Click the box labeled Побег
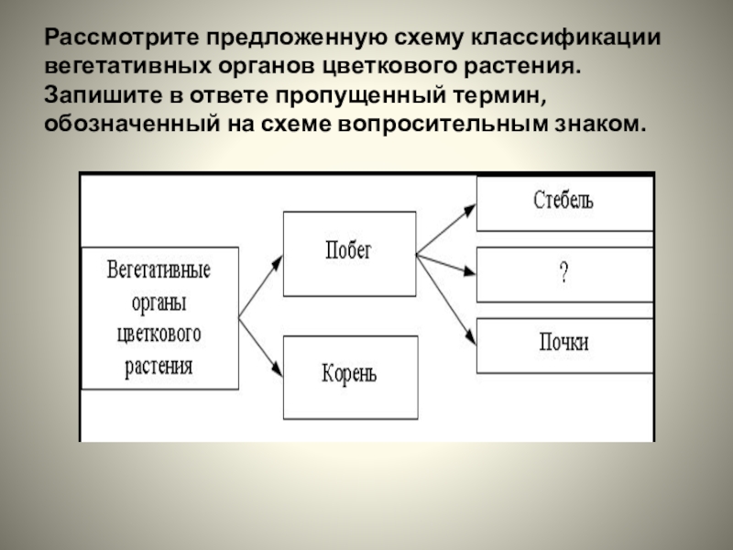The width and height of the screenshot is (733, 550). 349,254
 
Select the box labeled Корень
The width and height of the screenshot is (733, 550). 349,375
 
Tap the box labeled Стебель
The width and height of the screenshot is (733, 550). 563,203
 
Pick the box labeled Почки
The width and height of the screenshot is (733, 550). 563,344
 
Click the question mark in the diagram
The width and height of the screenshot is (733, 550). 563,274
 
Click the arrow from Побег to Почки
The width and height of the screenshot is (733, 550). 446,288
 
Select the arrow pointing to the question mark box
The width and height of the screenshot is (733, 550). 446,264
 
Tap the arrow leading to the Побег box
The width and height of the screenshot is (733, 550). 261,286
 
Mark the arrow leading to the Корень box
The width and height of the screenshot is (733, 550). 261,346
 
